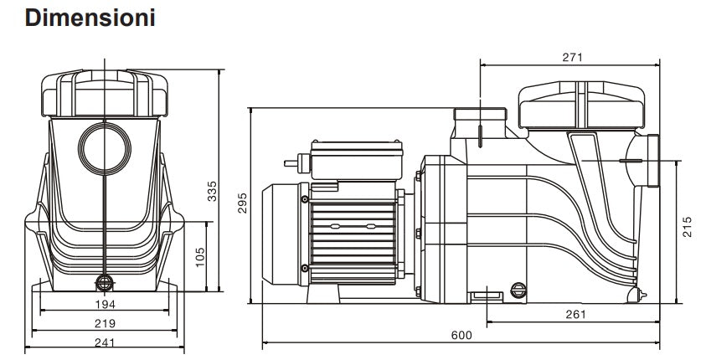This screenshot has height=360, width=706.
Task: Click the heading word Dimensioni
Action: [90, 18]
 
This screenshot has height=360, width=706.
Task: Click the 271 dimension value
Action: [573, 58]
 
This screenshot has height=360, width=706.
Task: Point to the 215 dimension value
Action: [688, 228]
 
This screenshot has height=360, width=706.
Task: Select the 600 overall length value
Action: [461, 335]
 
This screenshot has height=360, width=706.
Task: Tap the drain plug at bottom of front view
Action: [105, 282]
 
